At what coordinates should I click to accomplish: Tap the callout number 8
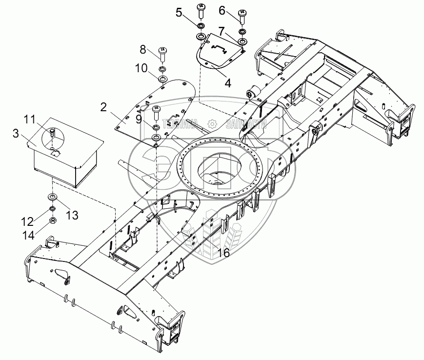click(143, 49)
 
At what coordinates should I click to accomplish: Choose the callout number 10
click(141, 69)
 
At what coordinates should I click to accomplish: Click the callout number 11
click(30, 119)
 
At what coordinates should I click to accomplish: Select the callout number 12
click(28, 221)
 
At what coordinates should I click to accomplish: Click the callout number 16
click(224, 253)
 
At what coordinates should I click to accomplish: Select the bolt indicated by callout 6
click(242, 17)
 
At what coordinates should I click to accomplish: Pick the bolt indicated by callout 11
click(51, 133)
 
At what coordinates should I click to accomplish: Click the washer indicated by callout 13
click(51, 197)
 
